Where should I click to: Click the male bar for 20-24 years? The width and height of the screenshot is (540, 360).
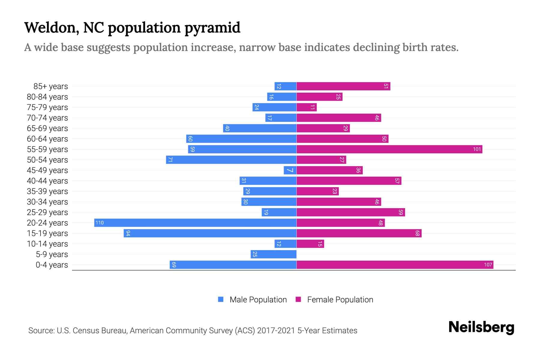point(195,223)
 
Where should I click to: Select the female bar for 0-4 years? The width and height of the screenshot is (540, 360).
point(395,265)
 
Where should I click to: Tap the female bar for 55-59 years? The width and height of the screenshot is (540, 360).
point(389,149)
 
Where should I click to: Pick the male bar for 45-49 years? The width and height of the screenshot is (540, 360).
point(290,170)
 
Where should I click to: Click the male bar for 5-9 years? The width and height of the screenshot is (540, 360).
point(274,254)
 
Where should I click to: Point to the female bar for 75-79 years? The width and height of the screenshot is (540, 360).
point(307,107)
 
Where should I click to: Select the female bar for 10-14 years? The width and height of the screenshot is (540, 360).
point(310,244)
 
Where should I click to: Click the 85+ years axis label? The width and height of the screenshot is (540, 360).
point(50,86)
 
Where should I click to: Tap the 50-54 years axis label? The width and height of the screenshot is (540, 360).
point(47,160)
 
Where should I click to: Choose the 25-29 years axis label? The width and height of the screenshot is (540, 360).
point(47,212)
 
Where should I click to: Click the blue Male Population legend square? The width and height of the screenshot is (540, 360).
point(221,299)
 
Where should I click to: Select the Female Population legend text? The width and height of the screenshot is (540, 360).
point(340,299)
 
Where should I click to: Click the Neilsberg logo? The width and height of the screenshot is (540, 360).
point(481,327)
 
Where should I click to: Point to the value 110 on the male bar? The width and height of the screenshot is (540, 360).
point(100,223)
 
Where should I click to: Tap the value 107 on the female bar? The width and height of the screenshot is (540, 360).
point(488,265)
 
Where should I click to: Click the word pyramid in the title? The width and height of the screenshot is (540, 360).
point(212,28)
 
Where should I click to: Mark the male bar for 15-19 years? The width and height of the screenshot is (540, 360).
point(210,233)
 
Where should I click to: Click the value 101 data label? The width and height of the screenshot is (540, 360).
point(477,149)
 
